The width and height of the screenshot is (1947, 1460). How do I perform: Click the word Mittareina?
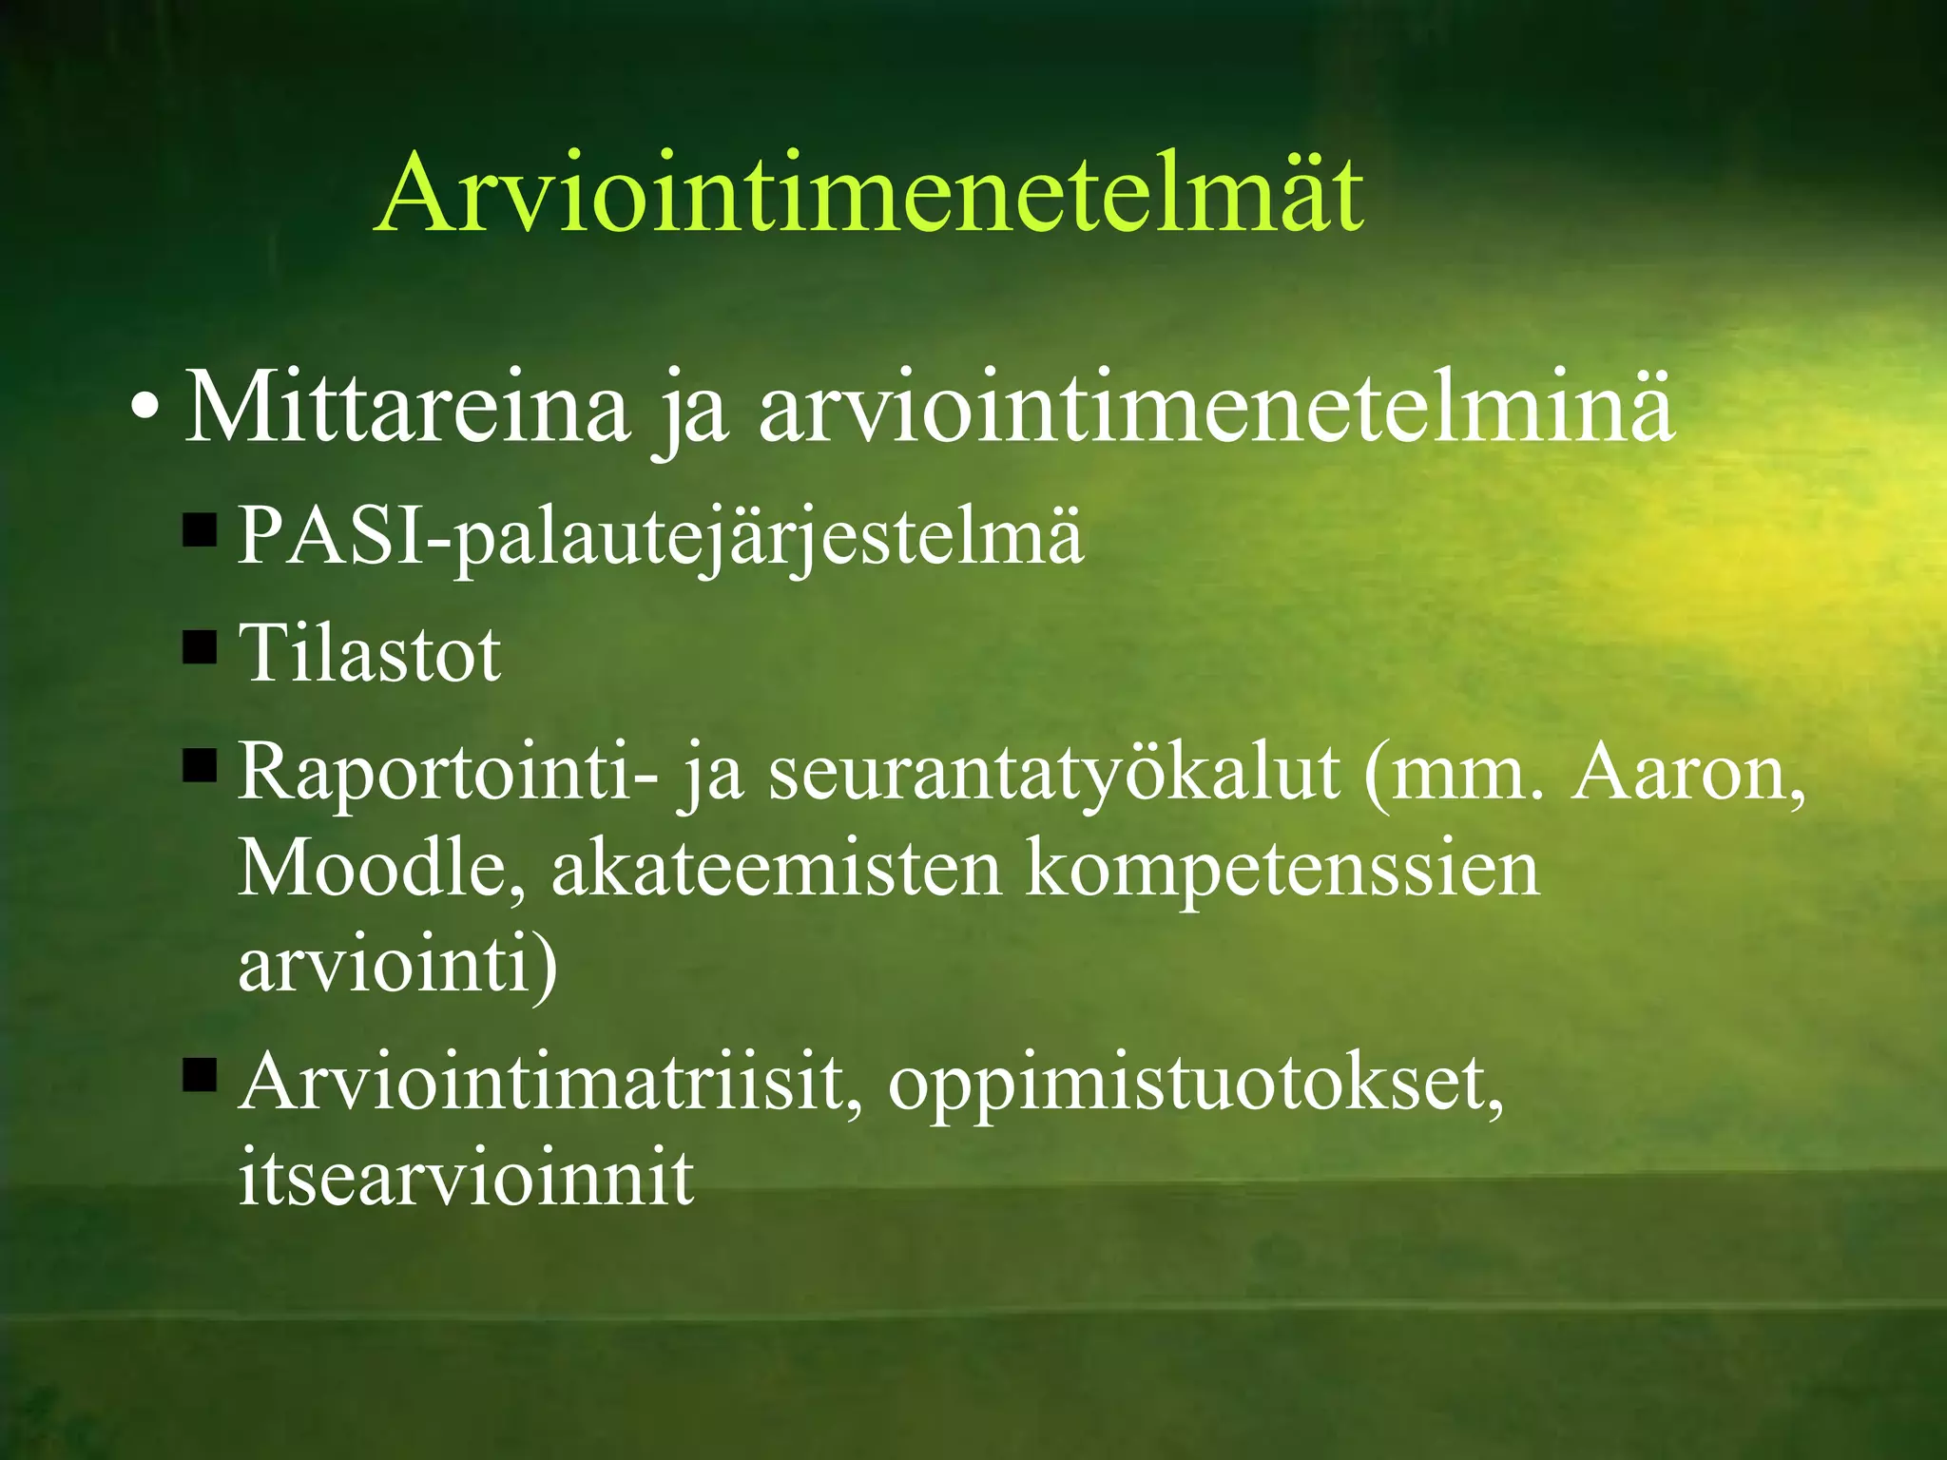[407, 409]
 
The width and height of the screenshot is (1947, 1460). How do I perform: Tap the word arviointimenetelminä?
[1216, 409]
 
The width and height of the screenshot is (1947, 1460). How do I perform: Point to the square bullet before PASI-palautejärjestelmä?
[200, 530]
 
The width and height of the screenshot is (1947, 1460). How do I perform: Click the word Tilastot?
[369, 654]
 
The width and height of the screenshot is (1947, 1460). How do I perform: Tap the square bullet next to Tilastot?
[200, 648]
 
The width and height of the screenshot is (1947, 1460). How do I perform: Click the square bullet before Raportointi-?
[200, 765]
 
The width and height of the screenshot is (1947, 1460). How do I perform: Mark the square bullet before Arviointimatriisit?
[200, 1076]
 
